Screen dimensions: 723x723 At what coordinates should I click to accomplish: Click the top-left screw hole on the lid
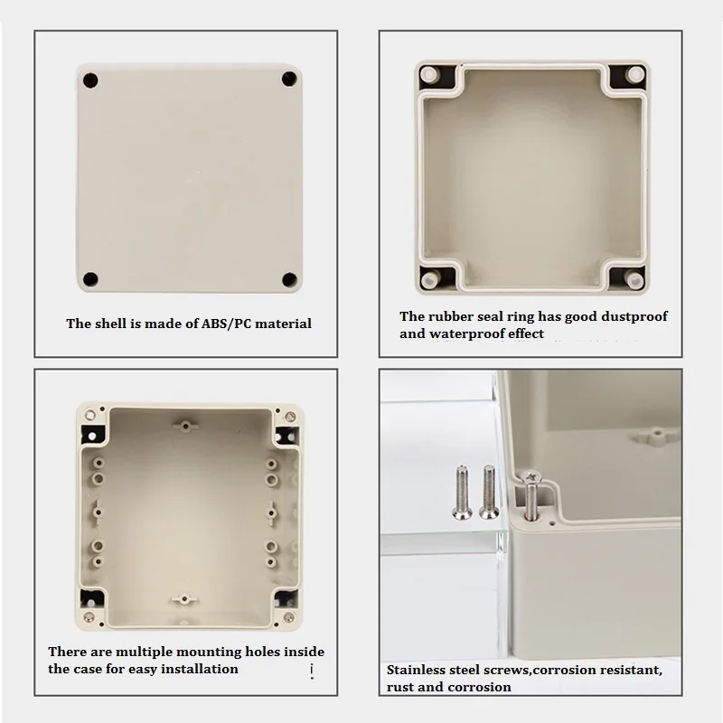coord(90,80)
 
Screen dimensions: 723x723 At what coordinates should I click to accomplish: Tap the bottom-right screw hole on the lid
coord(289,279)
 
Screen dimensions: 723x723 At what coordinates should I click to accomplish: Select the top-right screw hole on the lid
coord(289,79)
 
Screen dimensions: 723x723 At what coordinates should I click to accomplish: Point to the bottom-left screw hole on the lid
coord(90,279)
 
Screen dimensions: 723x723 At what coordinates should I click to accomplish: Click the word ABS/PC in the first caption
coord(226,324)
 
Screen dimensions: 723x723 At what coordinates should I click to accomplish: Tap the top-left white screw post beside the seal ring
coord(429,74)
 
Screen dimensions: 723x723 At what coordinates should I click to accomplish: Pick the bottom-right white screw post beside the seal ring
coord(635,280)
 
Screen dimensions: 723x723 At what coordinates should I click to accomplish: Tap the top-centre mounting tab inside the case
coord(185,426)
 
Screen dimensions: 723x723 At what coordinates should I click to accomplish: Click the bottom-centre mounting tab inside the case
coord(184,599)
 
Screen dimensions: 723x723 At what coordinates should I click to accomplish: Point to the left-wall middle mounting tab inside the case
coord(98,512)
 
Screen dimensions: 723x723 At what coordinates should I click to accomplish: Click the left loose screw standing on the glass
coord(462,493)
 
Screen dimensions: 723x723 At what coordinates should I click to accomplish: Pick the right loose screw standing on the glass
coord(489,492)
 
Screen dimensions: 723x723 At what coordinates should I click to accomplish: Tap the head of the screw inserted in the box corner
coord(531,478)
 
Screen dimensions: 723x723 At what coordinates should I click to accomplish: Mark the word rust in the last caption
coord(400,688)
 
